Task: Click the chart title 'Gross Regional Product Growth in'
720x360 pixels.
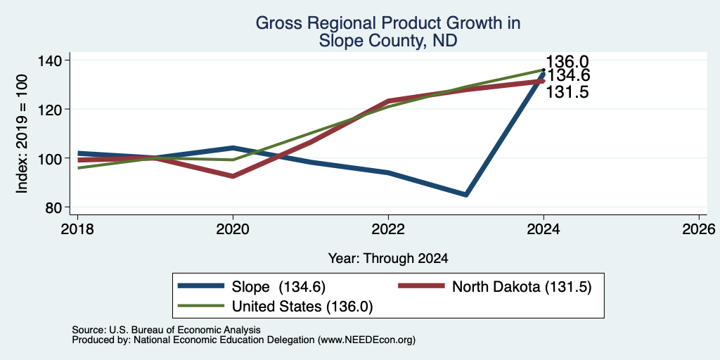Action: (388, 23)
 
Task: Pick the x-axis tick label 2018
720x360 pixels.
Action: (77, 229)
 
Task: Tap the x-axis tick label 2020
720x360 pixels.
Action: (233, 229)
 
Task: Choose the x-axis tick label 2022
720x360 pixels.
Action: (388, 229)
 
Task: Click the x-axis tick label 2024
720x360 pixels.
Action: (544, 229)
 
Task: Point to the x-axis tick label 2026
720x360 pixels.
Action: (699, 229)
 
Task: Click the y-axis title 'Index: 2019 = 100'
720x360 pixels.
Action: (22, 134)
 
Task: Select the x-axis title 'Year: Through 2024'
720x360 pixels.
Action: (388, 259)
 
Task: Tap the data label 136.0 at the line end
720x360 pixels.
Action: (567, 62)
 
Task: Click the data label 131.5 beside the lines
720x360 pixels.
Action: (567, 92)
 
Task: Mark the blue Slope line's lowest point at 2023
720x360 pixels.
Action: (466, 195)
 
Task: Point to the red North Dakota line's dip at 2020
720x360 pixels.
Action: (233, 176)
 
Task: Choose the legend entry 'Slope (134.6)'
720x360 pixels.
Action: (252, 287)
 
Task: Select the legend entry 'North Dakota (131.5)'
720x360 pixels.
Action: (494, 287)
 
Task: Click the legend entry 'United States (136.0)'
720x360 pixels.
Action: (276, 307)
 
